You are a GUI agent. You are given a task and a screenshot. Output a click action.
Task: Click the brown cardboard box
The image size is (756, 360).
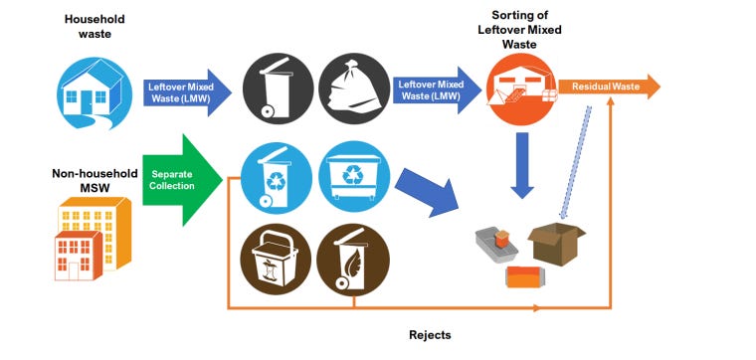click(x=555, y=243)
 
